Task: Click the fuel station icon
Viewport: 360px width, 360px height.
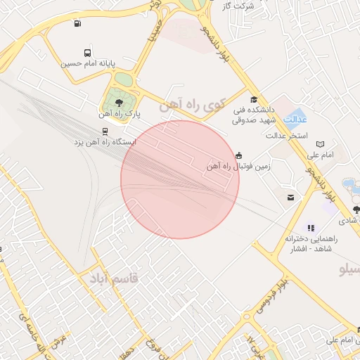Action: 77,23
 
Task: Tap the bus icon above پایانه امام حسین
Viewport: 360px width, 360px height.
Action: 87,53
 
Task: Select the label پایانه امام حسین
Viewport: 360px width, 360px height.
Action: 86,63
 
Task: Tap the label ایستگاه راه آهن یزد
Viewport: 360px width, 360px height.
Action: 105,142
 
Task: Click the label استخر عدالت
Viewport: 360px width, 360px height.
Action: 288,135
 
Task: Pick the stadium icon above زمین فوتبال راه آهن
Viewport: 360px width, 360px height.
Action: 239,155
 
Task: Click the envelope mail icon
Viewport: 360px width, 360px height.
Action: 290,198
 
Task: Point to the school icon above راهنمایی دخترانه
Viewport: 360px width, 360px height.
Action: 312,228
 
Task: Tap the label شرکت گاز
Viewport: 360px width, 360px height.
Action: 238,6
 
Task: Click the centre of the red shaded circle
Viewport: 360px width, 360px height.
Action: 180,179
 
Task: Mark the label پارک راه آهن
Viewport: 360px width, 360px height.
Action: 120,113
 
